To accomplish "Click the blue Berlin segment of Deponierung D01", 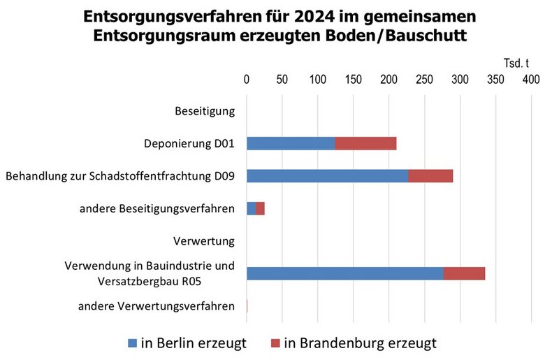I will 291,143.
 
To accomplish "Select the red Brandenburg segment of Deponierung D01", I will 365,143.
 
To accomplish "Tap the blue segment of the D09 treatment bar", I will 327,176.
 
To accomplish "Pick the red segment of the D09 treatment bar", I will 430,176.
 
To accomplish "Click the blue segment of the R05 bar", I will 344,273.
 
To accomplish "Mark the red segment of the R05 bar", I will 464,273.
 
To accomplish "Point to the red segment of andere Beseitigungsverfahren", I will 260,208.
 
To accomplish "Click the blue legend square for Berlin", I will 133,343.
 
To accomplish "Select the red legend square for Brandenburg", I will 273,343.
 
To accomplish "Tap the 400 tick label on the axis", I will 531,80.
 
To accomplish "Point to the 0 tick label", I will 246,80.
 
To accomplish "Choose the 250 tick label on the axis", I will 424,80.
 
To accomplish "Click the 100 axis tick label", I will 317,80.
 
